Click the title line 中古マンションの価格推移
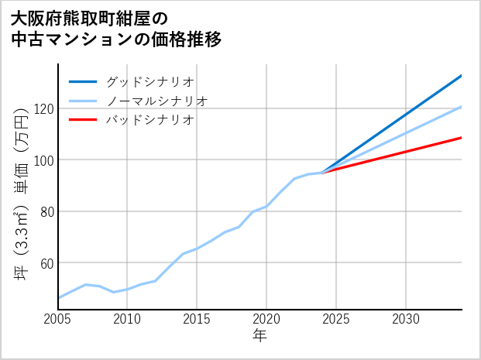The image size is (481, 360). click(x=116, y=39)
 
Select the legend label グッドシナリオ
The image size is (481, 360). click(x=149, y=81)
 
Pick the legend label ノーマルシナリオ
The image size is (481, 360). click(x=156, y=101)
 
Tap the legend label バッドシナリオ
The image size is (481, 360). click(x=149, y=120)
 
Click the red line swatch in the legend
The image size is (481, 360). click(x=83, y=120)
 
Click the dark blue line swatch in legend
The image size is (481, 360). click(x=83, y=81)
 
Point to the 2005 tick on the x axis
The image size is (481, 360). click(x=58, y=319)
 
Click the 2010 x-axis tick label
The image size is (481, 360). click(x=127, y=319)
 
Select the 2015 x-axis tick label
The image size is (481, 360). click(x=197, y=319)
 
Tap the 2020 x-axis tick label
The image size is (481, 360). click(x=266, y=319)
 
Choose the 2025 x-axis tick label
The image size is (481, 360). click(x=336, y=319)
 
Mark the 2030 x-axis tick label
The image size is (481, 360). click(x=406, y=319)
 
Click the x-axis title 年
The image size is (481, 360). click(x=260, y=336)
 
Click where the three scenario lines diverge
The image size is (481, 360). click(x=322, y=172)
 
